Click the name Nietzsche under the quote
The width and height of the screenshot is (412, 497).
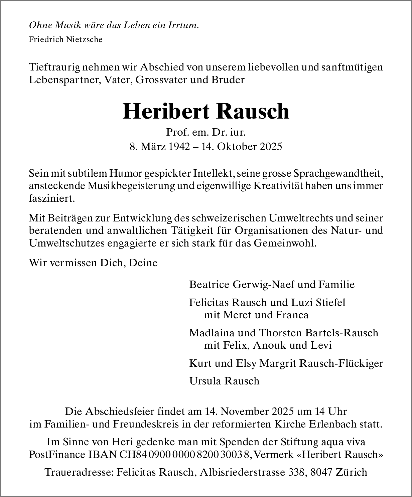85,39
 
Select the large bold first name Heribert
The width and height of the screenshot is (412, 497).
166,111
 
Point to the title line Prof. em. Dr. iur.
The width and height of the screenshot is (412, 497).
206,133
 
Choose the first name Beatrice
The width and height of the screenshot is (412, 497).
209,285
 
